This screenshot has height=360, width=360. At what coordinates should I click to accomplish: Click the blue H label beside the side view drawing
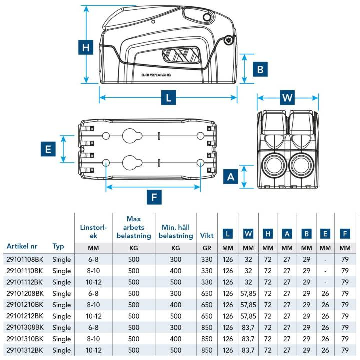click(87, 48)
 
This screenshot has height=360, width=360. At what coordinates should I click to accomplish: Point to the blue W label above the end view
click(286, 98)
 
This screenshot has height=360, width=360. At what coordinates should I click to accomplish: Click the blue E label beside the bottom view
click(48, 149)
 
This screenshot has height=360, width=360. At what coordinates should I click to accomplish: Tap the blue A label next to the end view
click(230, 176)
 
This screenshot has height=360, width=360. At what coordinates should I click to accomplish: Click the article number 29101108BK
click(25, 259)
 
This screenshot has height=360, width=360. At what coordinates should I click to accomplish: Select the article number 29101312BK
click(25, 350)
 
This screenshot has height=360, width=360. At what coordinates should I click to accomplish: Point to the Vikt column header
click(207, 235)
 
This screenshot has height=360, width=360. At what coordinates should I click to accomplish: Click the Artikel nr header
click(23, 246)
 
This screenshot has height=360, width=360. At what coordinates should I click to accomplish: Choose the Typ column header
click(58, 246)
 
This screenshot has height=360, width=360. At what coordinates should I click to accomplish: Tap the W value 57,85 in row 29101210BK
click(248, 305)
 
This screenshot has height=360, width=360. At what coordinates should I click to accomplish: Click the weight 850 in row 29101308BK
click(207, 327)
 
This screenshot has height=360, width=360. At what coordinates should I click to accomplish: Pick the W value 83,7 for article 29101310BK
click(248, 339)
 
